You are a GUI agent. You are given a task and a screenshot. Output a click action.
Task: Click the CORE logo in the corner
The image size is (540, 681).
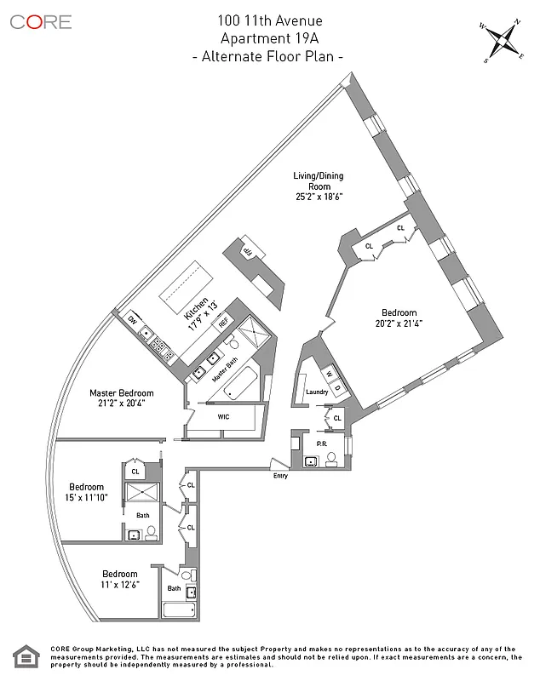tap(41, 22)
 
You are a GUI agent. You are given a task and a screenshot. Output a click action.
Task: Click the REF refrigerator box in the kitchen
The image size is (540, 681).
tap(224, 323)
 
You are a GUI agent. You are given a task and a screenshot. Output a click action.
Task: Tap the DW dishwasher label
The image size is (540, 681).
tap(133, 320)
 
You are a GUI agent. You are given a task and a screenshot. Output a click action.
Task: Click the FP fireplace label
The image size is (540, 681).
tap(249, 250)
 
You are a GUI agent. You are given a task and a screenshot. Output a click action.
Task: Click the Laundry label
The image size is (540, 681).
tap(317, 392)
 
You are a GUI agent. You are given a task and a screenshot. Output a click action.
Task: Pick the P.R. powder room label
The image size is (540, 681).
tap(322, 444)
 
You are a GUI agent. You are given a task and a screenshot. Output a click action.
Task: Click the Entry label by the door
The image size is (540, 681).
tap(280, 476)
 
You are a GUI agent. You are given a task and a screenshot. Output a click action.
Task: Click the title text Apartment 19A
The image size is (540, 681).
tap(268, 38)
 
